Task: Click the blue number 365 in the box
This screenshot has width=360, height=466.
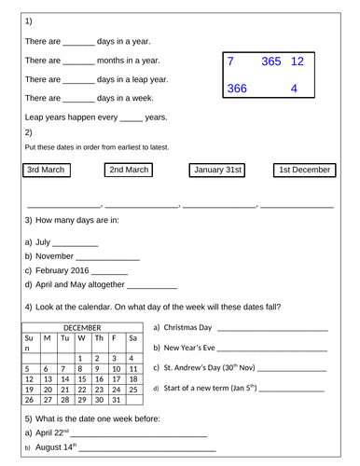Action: [271, 62]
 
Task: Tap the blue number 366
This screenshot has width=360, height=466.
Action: [236, 89]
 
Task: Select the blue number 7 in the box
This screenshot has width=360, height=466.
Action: [230, 62]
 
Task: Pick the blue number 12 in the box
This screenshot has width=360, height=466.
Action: [298, 62]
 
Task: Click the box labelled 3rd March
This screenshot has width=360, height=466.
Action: [45, 170]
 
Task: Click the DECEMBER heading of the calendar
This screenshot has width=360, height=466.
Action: [81, 327]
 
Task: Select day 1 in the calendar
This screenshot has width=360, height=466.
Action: [81, 358]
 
